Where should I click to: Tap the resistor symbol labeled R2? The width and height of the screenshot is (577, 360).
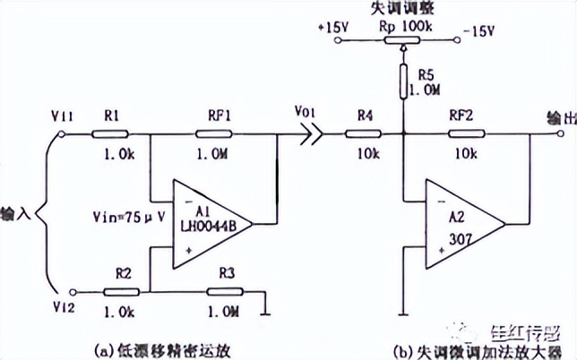[120, 291]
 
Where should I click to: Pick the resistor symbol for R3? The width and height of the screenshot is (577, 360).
[223, 291]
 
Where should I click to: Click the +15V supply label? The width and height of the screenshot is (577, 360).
[332, 28]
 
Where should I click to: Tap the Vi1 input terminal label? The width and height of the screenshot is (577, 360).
[64, 115]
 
